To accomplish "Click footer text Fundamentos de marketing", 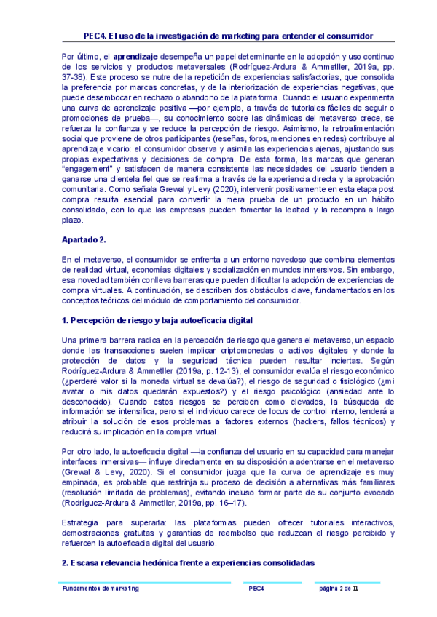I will coord(101,588).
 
